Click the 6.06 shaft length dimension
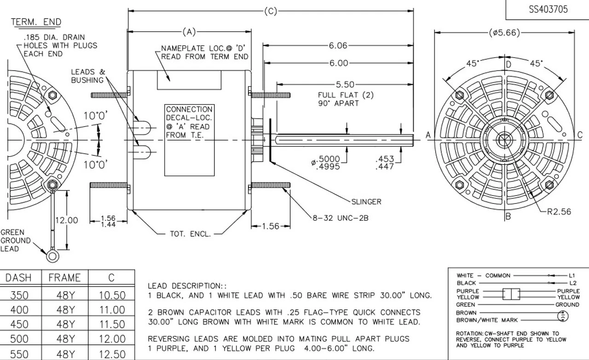338,46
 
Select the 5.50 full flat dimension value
345,85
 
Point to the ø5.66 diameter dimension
504,32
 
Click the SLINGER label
366,201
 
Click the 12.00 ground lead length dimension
67,220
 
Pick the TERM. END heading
36,22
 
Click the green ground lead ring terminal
52,254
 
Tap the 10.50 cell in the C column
112,295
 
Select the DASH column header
18,278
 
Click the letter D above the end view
508,64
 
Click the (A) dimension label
189,32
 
